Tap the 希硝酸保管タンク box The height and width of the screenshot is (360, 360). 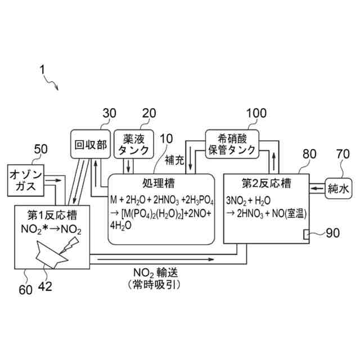point(232,144)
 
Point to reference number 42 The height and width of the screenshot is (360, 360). point(44,286)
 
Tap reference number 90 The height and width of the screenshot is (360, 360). point(334,233)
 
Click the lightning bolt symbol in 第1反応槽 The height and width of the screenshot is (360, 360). point(72,242)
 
